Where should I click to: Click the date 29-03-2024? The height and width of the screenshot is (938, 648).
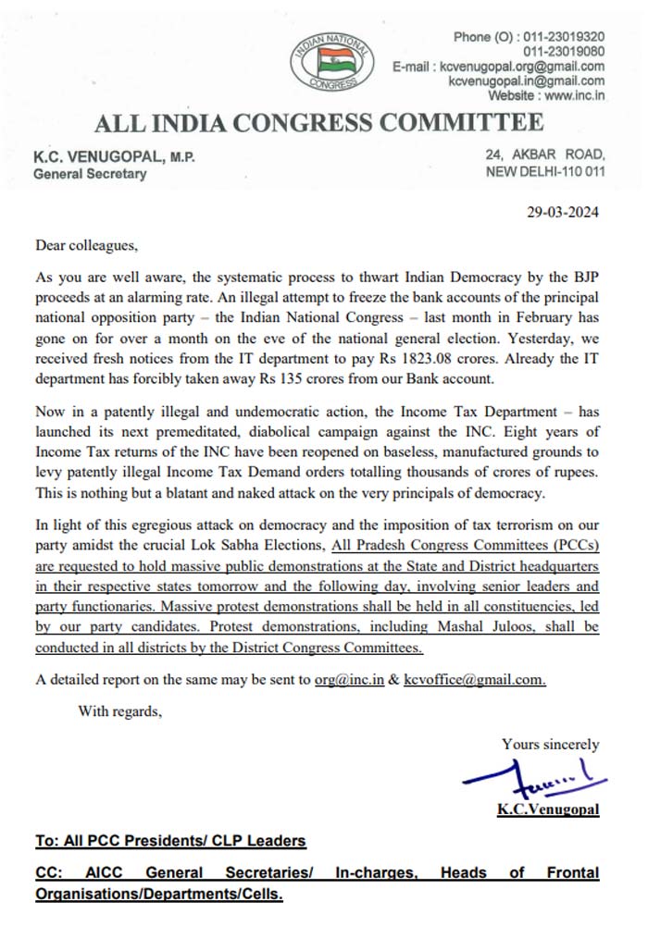[562, 212]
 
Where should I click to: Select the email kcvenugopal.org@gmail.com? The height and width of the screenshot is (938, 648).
[523, 67]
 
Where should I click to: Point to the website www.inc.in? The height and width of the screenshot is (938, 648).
[574, 95]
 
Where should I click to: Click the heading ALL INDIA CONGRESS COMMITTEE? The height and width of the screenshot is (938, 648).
[318, 123]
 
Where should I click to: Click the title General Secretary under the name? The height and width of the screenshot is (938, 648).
[90, 174]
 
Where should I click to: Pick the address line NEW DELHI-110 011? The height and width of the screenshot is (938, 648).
[545, 172]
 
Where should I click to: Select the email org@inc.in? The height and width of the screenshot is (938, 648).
[343, 679]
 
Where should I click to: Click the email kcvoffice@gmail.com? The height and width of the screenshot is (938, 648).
[475, 679]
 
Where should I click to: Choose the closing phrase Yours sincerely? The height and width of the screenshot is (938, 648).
[550, 744]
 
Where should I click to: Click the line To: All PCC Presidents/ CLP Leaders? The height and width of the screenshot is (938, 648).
[170, 841]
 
